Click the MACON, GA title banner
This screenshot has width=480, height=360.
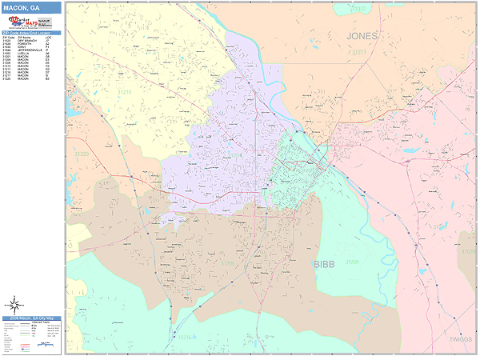(31, 7)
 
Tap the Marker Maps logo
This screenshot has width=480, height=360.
(31, 22)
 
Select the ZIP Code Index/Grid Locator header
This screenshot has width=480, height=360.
(31, 33)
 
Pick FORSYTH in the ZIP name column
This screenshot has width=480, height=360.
(24, 43)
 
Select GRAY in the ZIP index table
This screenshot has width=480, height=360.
(22, 46)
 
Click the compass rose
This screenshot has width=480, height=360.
(14, 305)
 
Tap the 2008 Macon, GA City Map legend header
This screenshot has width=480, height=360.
(31, 318)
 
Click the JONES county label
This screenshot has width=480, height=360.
(362, 36)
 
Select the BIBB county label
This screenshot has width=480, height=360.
(324, 263)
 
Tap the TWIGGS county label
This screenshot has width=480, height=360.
(460, 338)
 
